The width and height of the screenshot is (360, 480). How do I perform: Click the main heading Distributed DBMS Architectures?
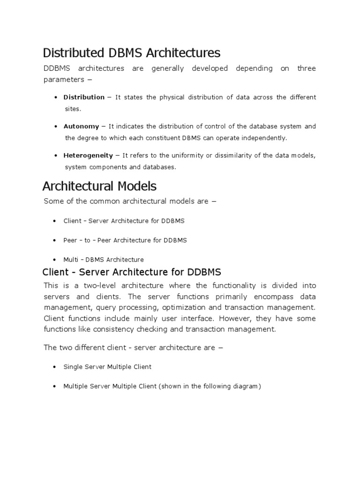point(131,52)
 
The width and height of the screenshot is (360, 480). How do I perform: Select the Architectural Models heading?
point(99,186)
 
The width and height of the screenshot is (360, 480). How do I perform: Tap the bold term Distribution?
point(84,97)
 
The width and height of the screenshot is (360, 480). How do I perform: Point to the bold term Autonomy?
point(81,126)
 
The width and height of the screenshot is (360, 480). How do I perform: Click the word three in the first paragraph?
point(307,68)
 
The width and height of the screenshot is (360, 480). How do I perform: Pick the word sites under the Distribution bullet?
point(73,109)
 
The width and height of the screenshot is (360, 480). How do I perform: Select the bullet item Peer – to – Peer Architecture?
point(125,240)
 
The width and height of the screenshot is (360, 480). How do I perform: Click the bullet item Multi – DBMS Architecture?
point(103,259)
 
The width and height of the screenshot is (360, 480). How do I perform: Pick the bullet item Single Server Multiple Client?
point(107,367)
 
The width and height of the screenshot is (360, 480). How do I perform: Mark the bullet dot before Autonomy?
point(56,127)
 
